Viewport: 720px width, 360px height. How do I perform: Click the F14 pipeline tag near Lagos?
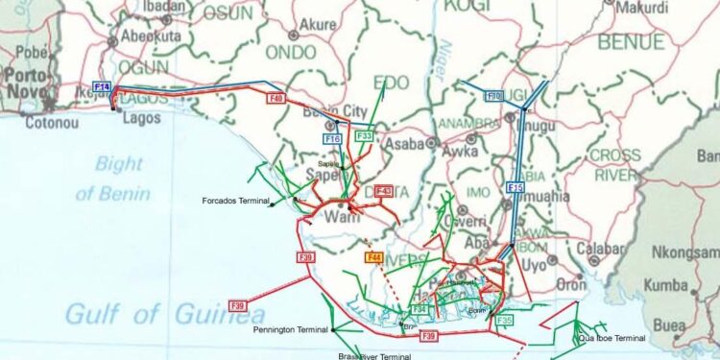point(102,87)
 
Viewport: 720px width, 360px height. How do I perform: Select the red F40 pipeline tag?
point(276,97)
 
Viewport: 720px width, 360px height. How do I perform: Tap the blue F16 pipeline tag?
point(332,139)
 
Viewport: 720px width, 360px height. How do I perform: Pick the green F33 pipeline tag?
point(364,136)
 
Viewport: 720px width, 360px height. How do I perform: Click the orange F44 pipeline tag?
point(374,256)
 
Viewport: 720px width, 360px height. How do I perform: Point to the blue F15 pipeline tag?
point(516,187)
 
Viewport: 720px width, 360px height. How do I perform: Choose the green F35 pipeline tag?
point(505,320)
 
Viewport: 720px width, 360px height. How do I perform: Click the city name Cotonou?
point(49,122)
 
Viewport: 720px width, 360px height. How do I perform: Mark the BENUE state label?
point(630,42)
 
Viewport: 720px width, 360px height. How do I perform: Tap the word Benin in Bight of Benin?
point(126,194)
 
